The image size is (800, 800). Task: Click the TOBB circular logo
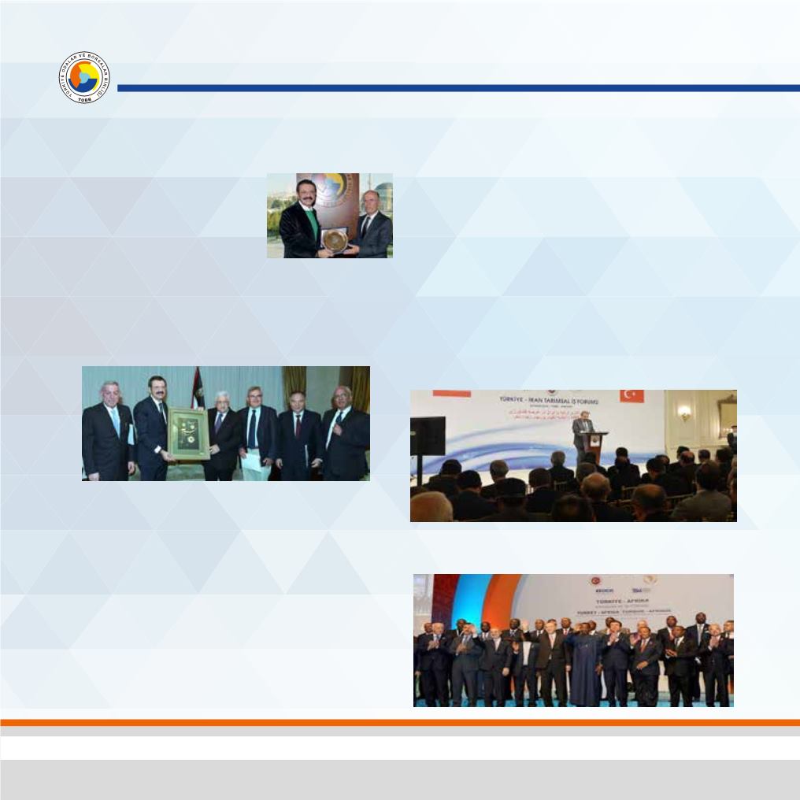84,77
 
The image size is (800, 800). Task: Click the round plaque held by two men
336,239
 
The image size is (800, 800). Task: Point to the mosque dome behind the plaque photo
382,190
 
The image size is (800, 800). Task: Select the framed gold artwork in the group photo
188,433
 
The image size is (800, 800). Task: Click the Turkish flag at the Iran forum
631,395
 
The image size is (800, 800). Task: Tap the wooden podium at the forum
594,446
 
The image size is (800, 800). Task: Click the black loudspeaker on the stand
428,435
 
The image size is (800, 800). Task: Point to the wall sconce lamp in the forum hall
683,413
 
